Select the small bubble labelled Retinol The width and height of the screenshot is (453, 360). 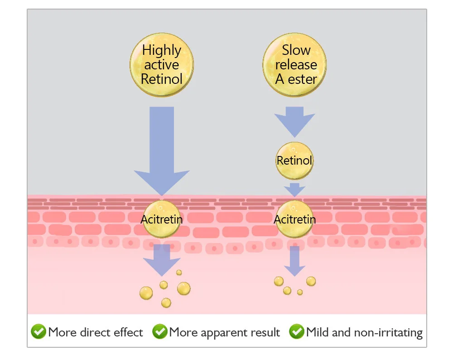pyautogui.click(x=294, y=160)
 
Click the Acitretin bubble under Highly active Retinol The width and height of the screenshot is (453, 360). pyautogui.click(x=162, y=219)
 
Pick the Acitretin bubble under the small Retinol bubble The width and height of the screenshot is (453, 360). pyautogui.click(x=294, y=219)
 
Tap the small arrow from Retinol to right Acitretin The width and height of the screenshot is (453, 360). pyautogui.click(x=294, y=189)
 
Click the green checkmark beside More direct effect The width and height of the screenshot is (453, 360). pyautogui.click(x=38, y=332)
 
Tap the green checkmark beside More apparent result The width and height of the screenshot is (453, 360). pyautogui.click(x=159, y=332)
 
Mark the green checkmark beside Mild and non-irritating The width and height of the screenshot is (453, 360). pyautogui.click(x=297, y=332)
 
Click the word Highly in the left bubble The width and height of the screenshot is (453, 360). pyautogui.click(x=162, y=50)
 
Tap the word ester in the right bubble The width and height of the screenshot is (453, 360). pyautogui.click(x=303, y=79)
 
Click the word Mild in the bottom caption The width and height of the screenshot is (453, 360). pyautogui.click(x=318, y=332)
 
